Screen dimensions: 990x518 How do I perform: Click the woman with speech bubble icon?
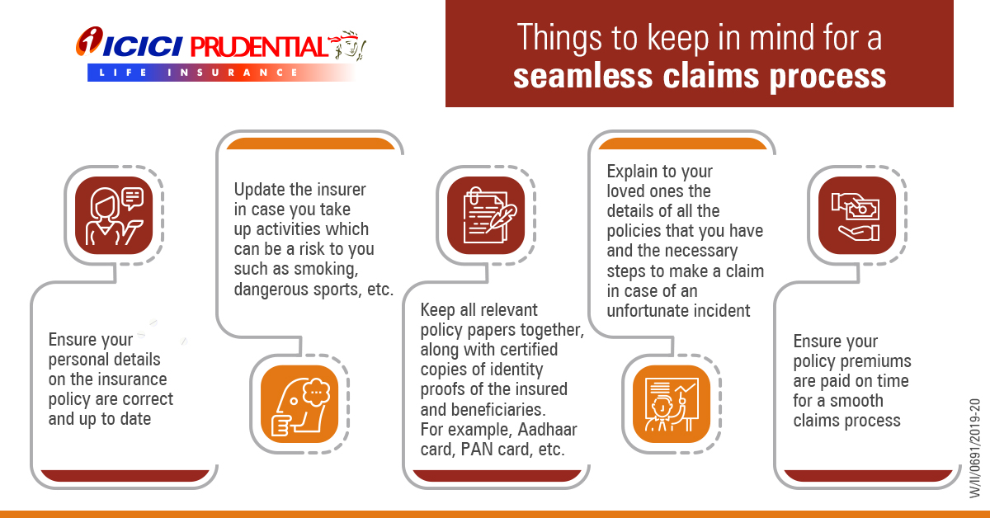click(114, 215)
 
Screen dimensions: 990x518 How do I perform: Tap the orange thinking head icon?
click(299, 404)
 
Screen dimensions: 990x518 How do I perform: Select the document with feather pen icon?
click(486, 215)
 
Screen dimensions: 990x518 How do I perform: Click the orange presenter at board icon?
click(672, 404)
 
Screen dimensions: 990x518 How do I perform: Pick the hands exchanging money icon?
click(857, 215)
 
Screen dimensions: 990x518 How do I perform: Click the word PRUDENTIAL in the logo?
click(259, 47)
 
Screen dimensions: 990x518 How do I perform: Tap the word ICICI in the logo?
click(142, 47)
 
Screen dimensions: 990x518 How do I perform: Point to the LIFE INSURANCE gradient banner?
click(221, 73)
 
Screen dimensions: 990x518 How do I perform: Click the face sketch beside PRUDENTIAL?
click(348, 45)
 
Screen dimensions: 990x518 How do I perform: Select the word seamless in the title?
click(582, 76)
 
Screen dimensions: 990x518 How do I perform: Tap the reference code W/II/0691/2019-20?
click(974, 448)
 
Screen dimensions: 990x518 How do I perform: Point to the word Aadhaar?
click(547, 429)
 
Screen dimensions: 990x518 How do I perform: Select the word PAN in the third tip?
click(477, 449)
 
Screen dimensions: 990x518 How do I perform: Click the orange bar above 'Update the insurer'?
click(310, 144)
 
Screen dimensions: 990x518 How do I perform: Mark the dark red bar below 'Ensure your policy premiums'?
click(868, 476)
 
